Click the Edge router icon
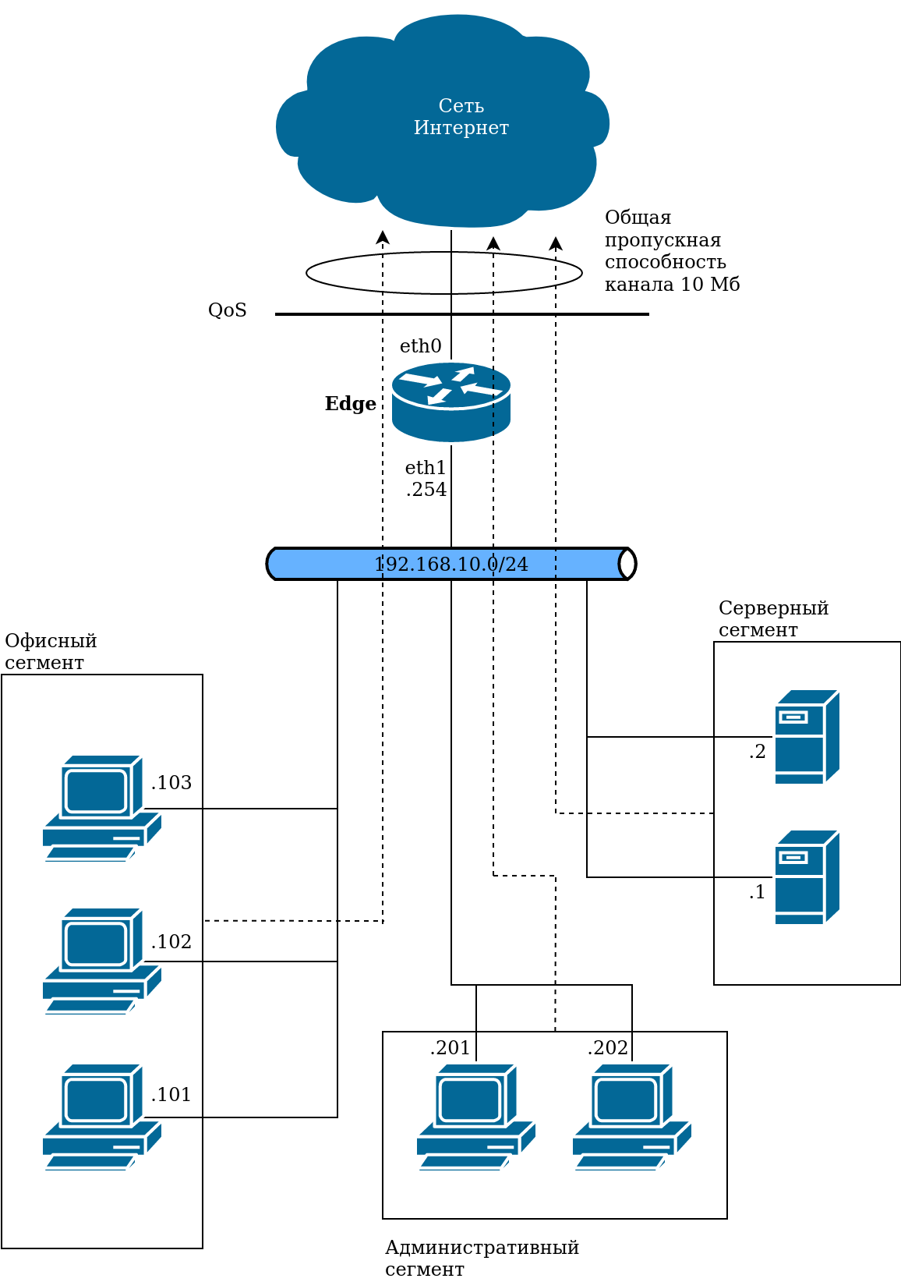[450, 402]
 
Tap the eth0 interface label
[421, 346]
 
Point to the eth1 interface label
[426, 468]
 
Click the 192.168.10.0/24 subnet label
[451, 564]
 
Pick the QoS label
[228, 310]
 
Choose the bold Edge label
[350, 404]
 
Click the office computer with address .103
[101, 808]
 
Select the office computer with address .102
[101, 961]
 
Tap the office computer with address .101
[101, 1117]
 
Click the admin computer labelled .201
[475, 1117]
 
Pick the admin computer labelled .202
[631, 1117]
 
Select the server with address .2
[807, 737]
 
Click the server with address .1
[807, 877]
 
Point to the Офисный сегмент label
[51, 652]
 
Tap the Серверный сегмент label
[773, 619]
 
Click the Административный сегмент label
[482, 1259]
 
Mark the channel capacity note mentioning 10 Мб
[672, 251]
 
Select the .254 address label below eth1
[426, 490]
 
